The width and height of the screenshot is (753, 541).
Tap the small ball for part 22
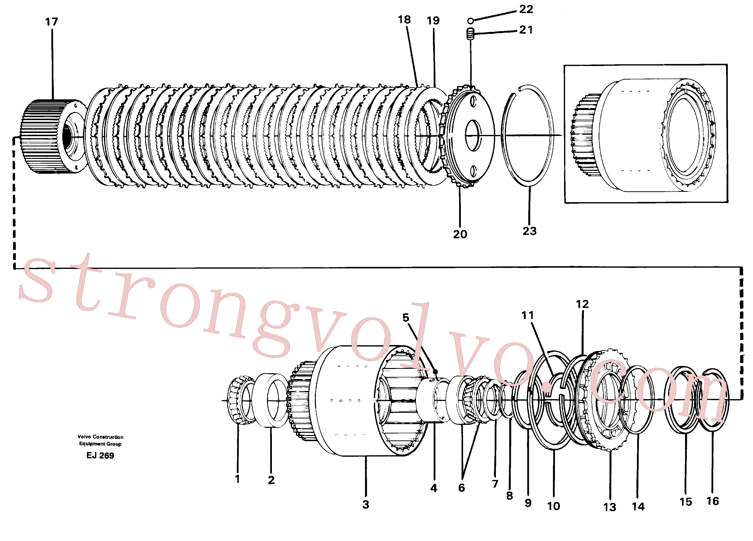470,21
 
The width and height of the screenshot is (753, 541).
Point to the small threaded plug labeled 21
470,34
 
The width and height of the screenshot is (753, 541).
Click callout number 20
460,234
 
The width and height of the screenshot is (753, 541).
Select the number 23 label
529,231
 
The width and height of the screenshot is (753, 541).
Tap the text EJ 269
100,455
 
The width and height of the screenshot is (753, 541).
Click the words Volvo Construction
100,437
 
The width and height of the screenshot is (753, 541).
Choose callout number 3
366,504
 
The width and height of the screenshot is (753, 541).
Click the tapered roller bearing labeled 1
241,400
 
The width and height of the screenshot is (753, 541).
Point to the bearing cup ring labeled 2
271,400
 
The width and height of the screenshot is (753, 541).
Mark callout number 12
582,304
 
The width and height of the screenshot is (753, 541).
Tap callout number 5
406,318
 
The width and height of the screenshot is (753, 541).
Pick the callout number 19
433,21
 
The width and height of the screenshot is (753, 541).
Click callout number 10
553,506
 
